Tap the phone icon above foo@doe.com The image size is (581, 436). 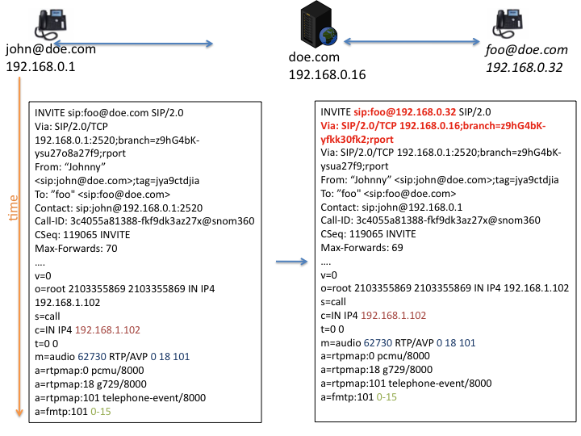509,23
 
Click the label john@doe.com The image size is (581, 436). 50,49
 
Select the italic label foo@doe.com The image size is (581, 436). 526,50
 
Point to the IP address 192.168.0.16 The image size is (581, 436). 328,74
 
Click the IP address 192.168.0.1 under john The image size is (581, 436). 40,66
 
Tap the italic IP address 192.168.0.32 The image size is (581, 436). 524,68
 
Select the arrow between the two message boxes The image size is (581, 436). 291,262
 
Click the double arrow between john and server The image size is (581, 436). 133,44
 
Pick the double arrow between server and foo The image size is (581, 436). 412,42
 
